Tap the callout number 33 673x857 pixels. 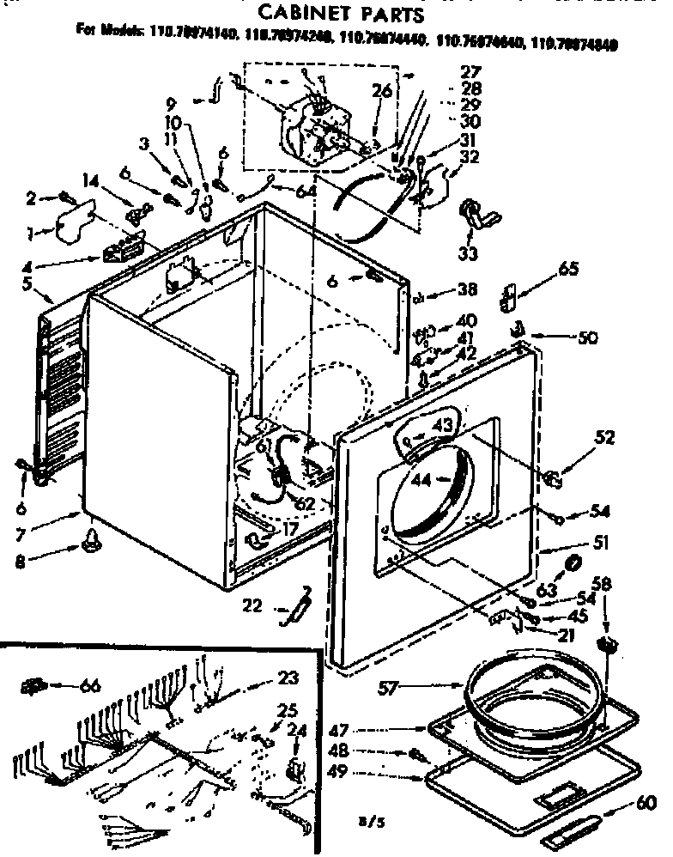coord(470,256)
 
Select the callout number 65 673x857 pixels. coord(567,269)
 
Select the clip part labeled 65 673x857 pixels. coord(508,297)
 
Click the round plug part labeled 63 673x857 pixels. coord(570,564)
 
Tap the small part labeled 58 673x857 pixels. coord(607,645)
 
